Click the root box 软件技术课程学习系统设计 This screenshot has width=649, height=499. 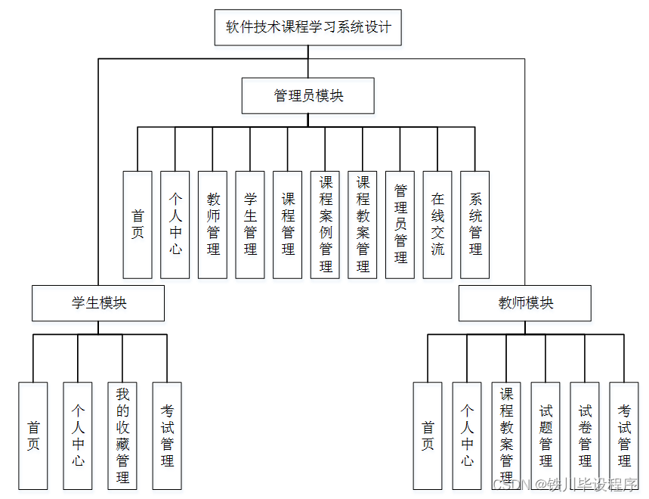pos(308,28)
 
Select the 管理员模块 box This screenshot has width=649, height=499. pos(308,96)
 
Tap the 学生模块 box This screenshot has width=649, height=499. pos(98,303)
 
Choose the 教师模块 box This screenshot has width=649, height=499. pos(525,303)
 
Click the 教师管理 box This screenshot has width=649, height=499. pos(213,225)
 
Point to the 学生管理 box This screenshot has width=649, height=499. pos(250,225)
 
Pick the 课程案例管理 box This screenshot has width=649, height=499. pos(326,225)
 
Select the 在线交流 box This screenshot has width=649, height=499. pos(437,225)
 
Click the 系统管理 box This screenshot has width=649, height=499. pos(475,225)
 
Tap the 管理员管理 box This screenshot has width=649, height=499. pos(400,225)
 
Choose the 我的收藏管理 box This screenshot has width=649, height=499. pos(122,435)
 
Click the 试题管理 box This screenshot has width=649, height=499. pos(545,435)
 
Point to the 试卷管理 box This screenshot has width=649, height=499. pos(585,435)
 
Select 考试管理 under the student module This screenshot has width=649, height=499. pos(167,435)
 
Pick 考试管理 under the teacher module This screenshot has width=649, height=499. pos(624,435)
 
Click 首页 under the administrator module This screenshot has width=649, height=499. pos(138,225)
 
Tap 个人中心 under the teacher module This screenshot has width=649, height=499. pos(468,435)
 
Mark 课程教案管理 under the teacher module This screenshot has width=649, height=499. pos(506,435)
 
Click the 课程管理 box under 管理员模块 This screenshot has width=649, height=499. pos(288,225)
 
